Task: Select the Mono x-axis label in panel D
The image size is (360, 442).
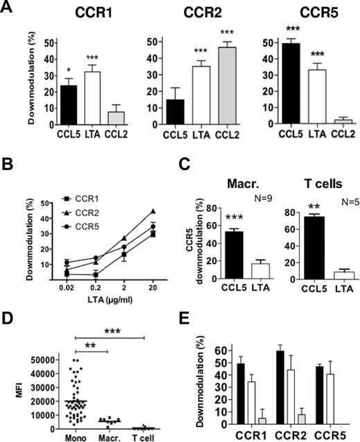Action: tap(74, 436)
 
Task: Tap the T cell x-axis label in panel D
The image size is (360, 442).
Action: tap(144, 436)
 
